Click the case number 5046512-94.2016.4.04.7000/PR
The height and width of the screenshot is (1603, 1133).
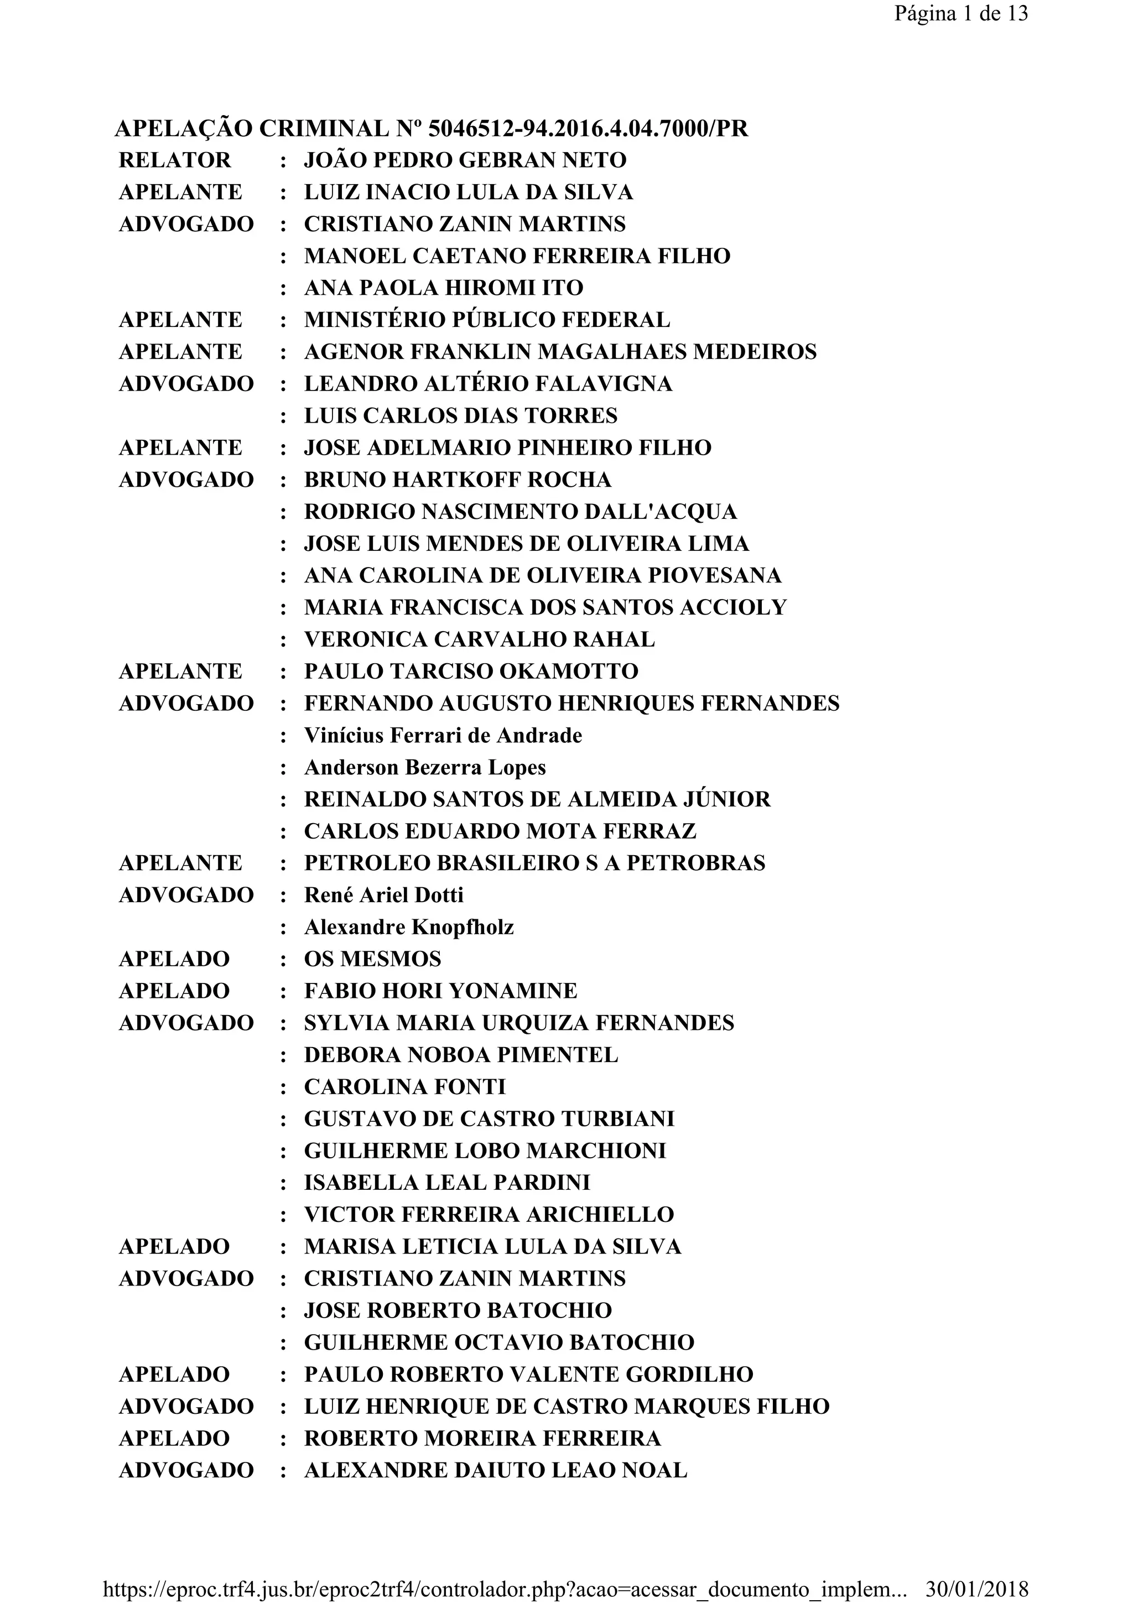click(x=588, y=128)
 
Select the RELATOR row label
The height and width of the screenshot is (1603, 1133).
click(x=174, y=160)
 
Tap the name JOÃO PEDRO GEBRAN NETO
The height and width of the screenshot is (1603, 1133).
click(x=465, y=160)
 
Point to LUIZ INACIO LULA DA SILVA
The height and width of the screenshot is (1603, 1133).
click(x=469, y=192)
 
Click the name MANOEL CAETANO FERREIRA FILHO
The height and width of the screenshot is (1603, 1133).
click(x=517, y=256)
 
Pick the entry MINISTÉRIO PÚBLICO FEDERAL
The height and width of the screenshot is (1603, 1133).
click(x=487, y=320)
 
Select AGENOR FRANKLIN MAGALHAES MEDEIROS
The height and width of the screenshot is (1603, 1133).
click(x=560, y=352)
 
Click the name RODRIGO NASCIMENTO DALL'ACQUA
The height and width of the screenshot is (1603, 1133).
click(x=520, y=512)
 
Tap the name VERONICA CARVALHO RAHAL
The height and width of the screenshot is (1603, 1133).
click(x=480, y=639)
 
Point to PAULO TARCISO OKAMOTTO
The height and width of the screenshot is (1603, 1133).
click(x=471, y=672)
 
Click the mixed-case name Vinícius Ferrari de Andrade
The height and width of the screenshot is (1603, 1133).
click(x=443, y=735)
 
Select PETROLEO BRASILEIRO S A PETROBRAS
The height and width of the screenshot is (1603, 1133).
click(x=535, y=863)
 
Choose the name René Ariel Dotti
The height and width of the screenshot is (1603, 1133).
click(x=383, y=895)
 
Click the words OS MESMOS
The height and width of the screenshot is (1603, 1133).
click(x=373, y=959)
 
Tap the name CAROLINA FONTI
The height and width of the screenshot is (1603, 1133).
click(x=405, y=1087)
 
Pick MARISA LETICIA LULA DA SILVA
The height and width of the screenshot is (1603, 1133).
click(x=492, y=1246)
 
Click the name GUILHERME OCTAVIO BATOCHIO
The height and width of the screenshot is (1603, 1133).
click(x=499, y=1342)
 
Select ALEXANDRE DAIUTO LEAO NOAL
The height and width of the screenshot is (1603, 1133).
click(x=496, y=1470)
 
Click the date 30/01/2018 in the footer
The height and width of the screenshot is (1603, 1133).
click(x=976, y=1589)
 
